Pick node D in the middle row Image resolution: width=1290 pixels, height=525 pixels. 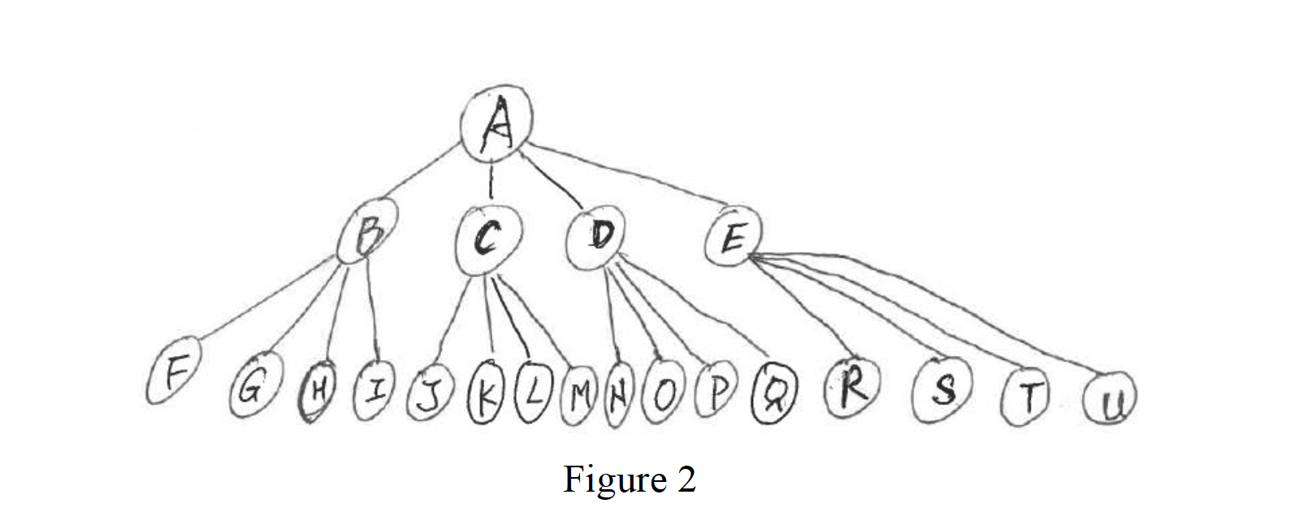pyautogui.click(x=599, y=238)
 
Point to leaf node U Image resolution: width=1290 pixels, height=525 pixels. pyautogui.click(x=1109, y=401)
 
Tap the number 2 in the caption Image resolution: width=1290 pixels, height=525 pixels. pyautogui.click(x=685, y=479)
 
